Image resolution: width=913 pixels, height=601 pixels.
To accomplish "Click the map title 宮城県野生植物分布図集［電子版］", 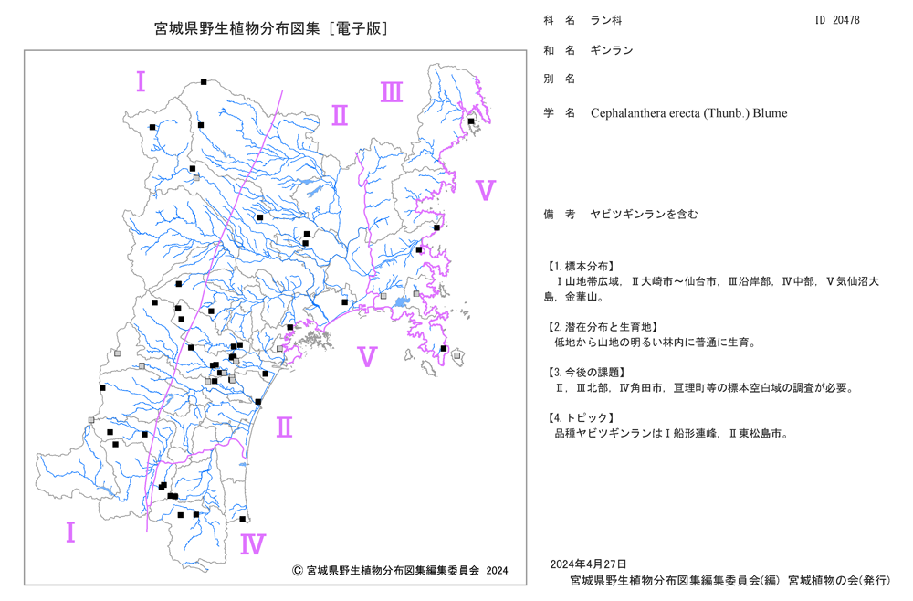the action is click(x=271, y=28).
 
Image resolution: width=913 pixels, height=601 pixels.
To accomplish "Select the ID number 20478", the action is click(x=846, y=20).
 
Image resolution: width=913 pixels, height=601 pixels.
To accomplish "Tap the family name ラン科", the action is click(x=606, y=20).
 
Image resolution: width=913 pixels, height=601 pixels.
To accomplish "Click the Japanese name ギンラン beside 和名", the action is click(x=612, y=50).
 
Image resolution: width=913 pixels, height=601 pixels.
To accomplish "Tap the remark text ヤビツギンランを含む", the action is click(x=644, y=215).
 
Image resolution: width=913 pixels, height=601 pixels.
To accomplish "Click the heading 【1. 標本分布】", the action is click(x=581, y=267).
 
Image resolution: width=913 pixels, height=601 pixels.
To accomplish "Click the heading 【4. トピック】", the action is click(x=581, y=418).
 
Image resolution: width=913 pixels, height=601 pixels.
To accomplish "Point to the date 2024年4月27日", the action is click(x=588, y=564).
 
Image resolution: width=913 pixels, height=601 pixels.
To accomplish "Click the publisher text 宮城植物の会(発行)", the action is click(x=839, y=581).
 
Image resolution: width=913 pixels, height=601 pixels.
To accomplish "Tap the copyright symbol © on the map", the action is click(x=297, y=571).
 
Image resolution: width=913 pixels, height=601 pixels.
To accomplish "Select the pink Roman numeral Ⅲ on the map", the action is click(x=392, y=92).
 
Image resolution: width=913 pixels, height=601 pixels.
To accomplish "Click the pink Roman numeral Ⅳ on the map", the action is click(x=253, y=544).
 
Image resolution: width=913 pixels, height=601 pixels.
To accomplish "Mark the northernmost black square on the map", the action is click(x=204, y=82).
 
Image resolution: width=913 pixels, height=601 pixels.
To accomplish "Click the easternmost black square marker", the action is click(x=471, y=121).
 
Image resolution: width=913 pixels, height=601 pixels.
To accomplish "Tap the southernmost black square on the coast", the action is click(x=243, y=519).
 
